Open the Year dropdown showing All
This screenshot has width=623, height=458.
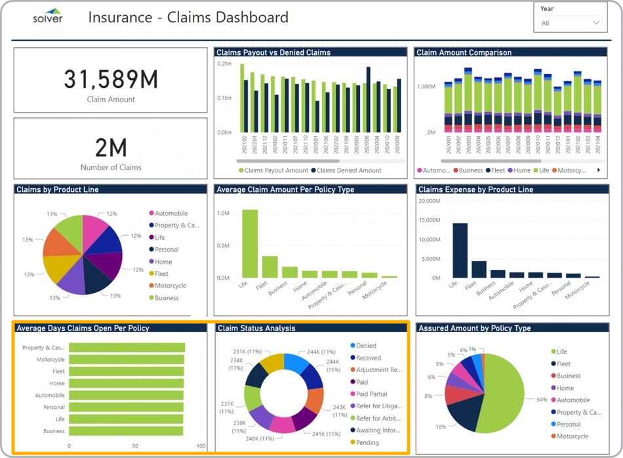pyautogui.click(x=570, y=23)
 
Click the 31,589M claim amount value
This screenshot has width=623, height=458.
pyautogui.click(x=111, y=79)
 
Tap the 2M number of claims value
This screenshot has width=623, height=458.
pyautogui.click(x=111, y=148)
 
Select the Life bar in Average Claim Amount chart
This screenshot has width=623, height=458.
pyautogui.click(x=250, y=244)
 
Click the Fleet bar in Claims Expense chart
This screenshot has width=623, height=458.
pyautogui.click(x=479, y=269)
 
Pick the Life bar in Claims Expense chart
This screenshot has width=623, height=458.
pyautogui.click(x=460, y=251)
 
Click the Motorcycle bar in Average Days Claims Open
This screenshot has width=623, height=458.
pyautogui.click(x=127, y=360)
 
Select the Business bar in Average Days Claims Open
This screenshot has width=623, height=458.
pyautogui.click(x=127, y=431)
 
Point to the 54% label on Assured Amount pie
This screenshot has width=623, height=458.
pyautogui.click(x=542, y=400)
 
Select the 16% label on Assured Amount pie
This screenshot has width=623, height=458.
pyautogui.click(x=441, y=427)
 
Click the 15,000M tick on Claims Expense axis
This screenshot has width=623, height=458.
pyautogui.click(x=433, y=220)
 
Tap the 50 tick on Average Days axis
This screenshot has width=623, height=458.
pyautogui.click(x=135, y=446)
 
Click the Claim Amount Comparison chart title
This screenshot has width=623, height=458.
pyautogui.click(x=464, y=52)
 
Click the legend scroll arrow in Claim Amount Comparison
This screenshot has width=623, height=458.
pyautogui.click(x=598, y=170)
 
